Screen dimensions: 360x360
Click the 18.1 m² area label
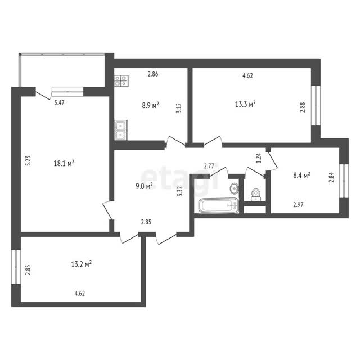coord(64,163)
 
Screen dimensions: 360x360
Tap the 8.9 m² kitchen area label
coord(151,105)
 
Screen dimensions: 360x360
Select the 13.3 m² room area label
coord(245,104)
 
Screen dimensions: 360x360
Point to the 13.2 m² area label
coord(81,264)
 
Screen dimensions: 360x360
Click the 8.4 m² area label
coord(302,175)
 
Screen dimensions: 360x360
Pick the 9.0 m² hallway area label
coord(145,186)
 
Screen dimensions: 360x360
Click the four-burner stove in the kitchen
coord(121,80)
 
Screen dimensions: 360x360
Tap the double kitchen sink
coord(120,130)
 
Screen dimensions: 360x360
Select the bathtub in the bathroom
coord(219,205)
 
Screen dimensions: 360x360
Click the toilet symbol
coord(255,195)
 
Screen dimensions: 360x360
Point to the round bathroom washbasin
coord(234,188)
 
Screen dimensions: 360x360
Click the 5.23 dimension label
coord(28,160)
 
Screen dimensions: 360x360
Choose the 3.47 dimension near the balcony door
coord(59,102)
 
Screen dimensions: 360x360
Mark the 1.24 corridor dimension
coord(259,158)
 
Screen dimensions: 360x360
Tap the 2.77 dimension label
coord(209,166)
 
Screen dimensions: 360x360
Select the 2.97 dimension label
coord(299,205)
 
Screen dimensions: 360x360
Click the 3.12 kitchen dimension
coord(179,108)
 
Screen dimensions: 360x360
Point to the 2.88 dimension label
coord(303,107)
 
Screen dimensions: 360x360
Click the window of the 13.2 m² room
coord(16,267)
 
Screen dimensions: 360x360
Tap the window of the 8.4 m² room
coord(344,181)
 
